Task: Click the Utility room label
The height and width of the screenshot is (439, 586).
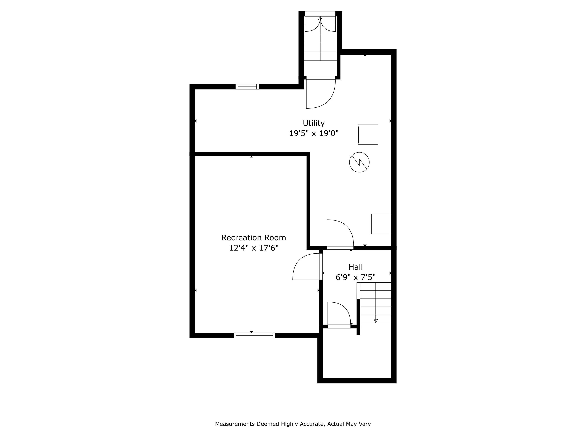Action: coord(314,123)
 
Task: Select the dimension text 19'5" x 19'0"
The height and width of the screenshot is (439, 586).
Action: coord(314,133)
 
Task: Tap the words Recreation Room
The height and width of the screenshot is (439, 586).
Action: coord(254,238)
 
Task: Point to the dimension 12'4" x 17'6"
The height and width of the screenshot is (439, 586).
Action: coord(254,248)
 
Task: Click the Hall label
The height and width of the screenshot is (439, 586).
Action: coord(356,267)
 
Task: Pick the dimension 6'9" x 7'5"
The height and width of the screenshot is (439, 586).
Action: coord(356,277)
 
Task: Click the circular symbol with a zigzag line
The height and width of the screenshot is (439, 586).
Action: coord(359,162)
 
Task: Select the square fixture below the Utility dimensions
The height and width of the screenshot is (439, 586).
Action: coord(368,135)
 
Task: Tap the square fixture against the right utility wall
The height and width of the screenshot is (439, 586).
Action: coord(381,224)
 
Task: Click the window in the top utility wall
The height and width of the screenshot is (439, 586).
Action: coord(247,87)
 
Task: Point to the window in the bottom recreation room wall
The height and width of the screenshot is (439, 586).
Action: coord(254,335)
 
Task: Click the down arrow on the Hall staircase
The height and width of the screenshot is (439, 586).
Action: coord(375,321)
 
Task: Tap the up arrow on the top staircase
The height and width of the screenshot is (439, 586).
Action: coord(320,18)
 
